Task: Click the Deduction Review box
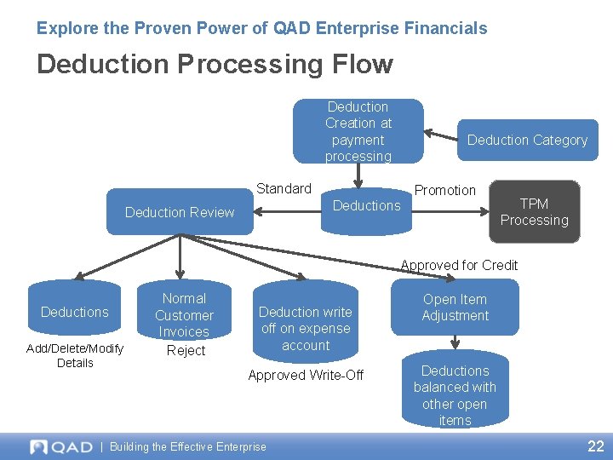[x=180, y=212]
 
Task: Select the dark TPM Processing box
[x=534, y=212]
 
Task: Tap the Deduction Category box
[x=527, y=140]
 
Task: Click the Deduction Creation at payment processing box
[x=358, y=131]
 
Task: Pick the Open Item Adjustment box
[x=455, y=308]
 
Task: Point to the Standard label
[x=284, y=188]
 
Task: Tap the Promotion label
[x=444, y=190]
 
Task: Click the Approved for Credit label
[x=459, y=265]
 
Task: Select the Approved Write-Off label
[x=305, y=375]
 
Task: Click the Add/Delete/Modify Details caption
[x=75, y=355]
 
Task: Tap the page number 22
[x=595, y=446]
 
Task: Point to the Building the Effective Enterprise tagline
[x=188, y=446]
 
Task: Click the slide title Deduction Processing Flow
[x=215, y=64]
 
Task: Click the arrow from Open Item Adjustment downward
[x=455, y=341]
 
